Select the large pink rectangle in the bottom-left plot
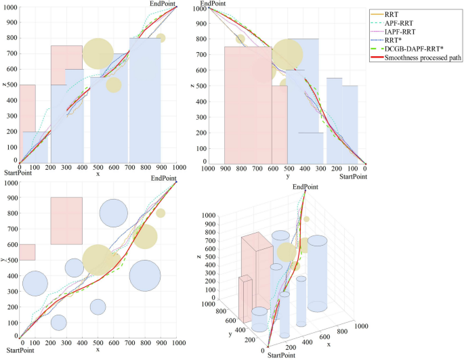coord(66,221)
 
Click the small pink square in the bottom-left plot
coord(27,252)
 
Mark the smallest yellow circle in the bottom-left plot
coord(161,213)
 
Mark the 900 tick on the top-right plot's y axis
coord(224,168)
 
